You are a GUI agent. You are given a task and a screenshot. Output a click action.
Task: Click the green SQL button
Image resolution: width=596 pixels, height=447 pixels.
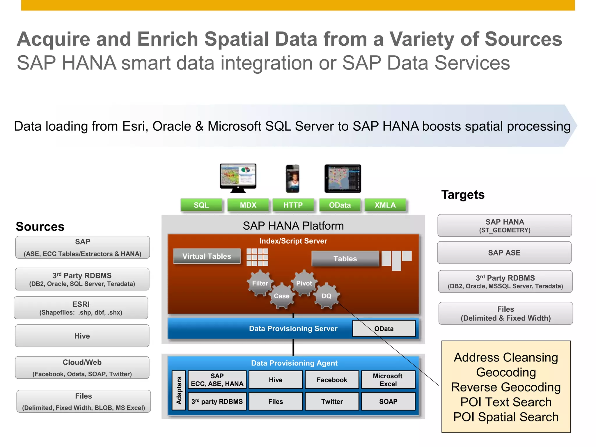pyautogui.click(x=201, y=205)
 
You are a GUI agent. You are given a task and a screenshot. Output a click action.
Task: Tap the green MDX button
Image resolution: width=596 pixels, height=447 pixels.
pyautogui.click(x=248, y=205)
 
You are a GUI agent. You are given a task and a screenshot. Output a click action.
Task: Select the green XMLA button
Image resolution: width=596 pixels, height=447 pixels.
pyautogui.click(x=385, y=205)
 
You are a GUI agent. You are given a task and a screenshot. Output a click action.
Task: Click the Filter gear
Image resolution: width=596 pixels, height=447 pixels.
pyautogui.click(x=260, y=283)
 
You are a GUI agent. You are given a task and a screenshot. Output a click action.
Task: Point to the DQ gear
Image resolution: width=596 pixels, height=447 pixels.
pyautogui.click(x=326, y=296)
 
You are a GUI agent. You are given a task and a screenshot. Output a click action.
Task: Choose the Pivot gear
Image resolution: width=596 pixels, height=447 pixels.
pyautogui.click(x=304, y=283)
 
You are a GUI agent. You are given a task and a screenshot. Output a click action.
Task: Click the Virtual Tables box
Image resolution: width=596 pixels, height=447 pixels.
pyautogui.click(x=207, y=256)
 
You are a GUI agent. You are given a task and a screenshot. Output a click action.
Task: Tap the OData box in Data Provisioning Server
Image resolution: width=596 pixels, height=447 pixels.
pyautogui.click(x=384, y=329)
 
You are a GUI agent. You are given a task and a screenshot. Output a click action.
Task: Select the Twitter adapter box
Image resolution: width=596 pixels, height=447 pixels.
pyautogui.click(x=332, y=402)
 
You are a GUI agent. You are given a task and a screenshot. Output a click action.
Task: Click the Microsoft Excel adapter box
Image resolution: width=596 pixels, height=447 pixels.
pyautogui.click(x=388, y=380)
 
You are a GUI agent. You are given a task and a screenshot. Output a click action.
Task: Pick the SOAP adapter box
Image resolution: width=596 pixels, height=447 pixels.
pyautogui.click(x=388, y=402)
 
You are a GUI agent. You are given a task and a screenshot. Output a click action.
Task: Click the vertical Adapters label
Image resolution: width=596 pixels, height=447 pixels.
pyautogui.click(x=179, y=390)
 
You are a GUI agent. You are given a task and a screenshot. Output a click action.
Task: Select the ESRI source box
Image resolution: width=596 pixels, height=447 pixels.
pyautogui.click(x=81, y=308)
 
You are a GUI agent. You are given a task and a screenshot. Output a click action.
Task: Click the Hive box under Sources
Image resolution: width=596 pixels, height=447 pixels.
pyautogui.click(x=82, y=336)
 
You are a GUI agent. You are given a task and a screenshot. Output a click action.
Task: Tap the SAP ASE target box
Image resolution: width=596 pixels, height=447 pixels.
pyautogui.click(x=504, y=253)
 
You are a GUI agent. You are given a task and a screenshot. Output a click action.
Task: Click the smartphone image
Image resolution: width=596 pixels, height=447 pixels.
pyautogui.click(x=292, y=179)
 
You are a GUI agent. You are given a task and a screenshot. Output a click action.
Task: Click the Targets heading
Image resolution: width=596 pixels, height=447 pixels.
pyautogui.click(x=463, y=195)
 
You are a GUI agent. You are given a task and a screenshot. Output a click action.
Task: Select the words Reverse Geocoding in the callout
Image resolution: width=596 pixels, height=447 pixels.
pyautogui.click(x=506, y=387)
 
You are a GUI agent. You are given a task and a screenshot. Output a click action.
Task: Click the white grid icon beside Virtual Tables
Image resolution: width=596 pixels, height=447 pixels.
pyautogui.click(x=257, y=257)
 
